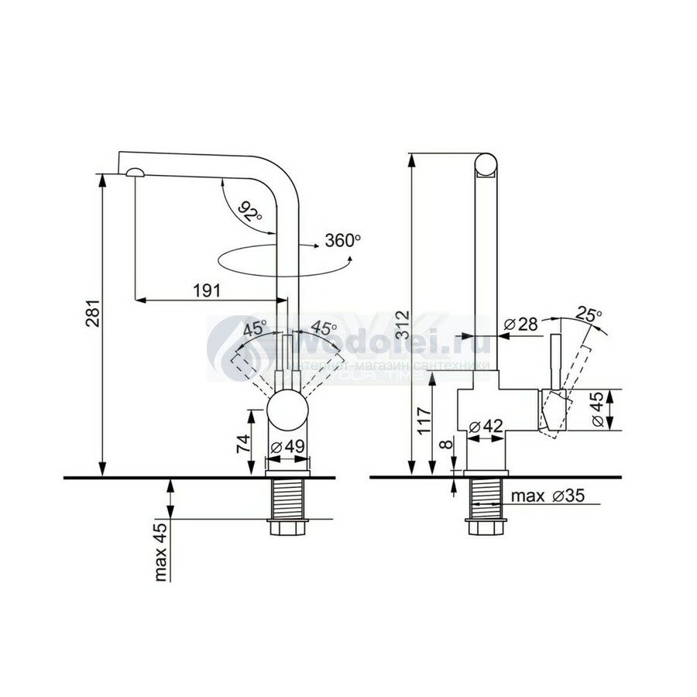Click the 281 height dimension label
point(91,324)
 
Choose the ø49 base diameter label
point(287,448)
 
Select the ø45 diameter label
point(598,410)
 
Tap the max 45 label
point(161,551)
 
